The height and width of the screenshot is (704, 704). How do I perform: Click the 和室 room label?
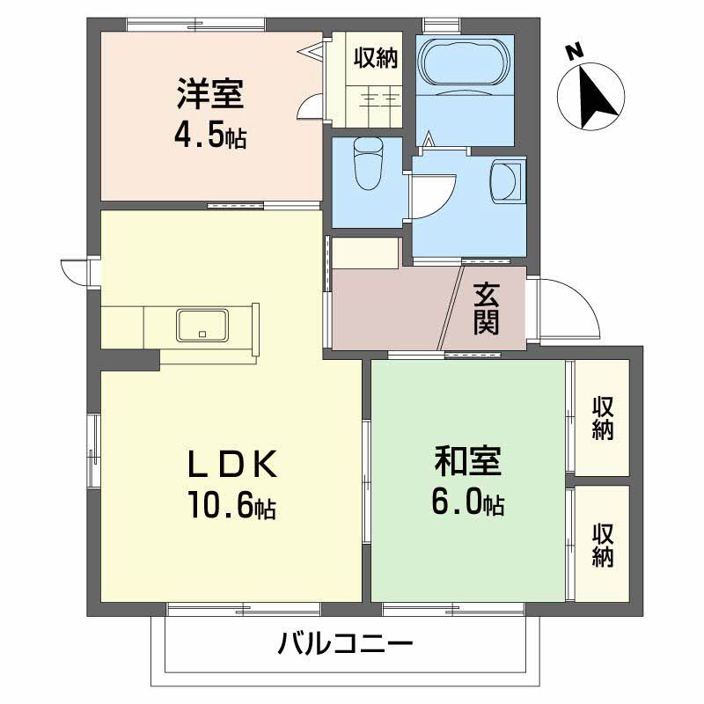coord(467,460)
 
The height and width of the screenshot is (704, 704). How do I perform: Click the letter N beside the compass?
coord(575,54)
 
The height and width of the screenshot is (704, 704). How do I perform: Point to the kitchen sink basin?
coord(203,326)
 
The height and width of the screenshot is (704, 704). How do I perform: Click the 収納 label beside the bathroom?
coord(376,58)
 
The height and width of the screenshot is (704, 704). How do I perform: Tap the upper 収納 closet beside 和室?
coord(602,418)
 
